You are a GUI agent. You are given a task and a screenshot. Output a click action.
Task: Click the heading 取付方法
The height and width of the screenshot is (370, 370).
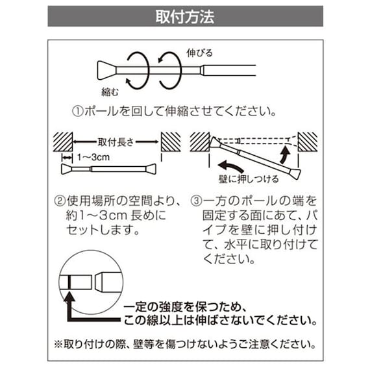185,16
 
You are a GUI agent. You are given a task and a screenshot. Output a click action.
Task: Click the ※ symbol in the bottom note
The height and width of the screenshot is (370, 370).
59,344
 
